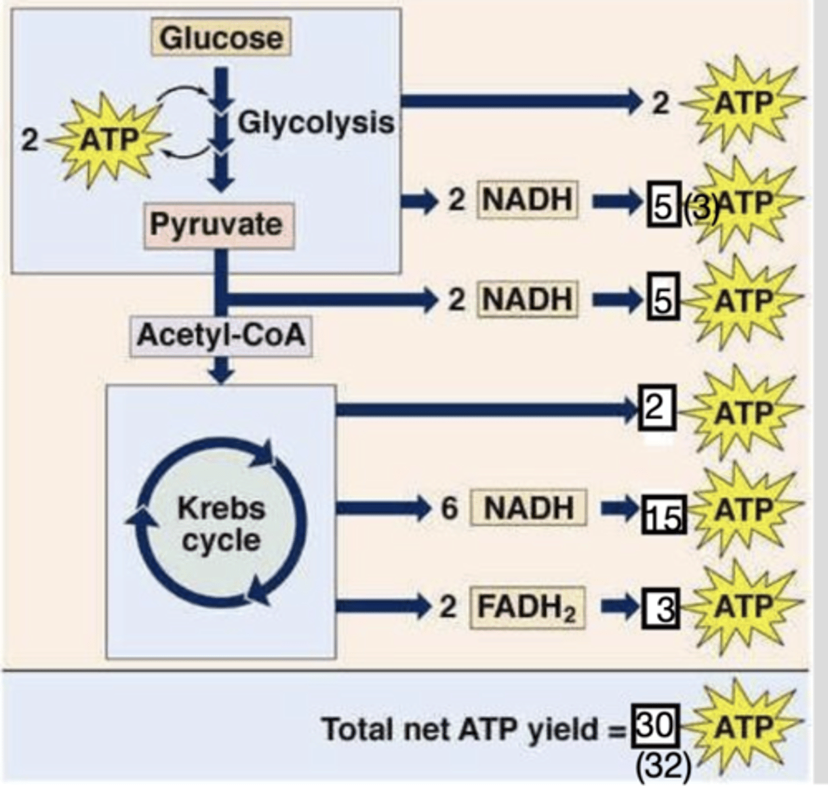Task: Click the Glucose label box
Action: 222,37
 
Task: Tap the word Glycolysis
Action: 316,122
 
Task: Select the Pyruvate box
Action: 218,225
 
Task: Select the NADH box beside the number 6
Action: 528,508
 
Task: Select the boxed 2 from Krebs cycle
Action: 656,409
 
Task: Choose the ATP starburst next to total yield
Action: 743,727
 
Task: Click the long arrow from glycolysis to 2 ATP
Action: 518,101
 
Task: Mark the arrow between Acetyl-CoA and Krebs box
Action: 223,370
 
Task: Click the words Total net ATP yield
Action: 460,729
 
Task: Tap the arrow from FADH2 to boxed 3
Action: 619,607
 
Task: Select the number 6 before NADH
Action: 448,508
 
